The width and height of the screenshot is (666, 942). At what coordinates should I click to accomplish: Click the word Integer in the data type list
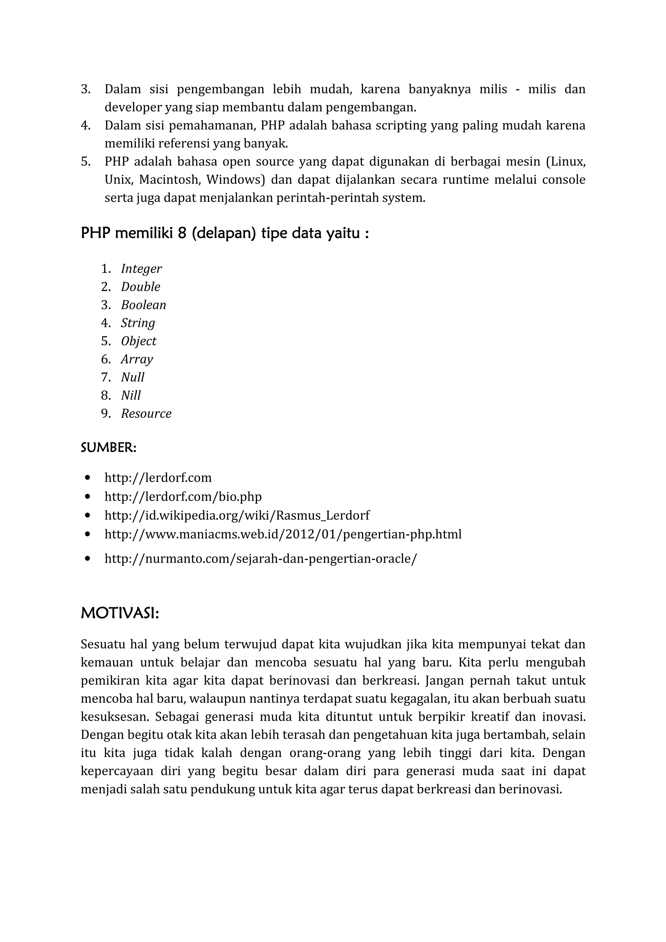coord(141,269)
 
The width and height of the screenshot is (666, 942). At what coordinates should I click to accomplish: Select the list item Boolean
coord(143,305)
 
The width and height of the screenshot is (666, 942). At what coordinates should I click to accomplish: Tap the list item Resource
coord(146,413)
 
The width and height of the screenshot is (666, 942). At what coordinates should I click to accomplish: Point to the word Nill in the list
coord(131,396)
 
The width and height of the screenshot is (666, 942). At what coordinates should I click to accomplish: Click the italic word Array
coord(137,360)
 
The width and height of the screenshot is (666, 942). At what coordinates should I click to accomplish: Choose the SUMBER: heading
coord(108,448)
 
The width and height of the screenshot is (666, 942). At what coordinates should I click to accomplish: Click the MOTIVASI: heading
coord(120,614)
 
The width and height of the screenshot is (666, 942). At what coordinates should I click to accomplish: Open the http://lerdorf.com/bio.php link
coord(183,497)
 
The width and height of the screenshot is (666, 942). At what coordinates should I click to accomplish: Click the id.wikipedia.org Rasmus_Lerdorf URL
coord(237,515)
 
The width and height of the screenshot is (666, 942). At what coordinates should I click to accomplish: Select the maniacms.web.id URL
coord(283,534)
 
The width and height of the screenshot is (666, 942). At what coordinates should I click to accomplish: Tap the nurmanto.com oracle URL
coord(260,558)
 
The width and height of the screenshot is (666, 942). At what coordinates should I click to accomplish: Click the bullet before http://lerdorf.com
coord(87,478)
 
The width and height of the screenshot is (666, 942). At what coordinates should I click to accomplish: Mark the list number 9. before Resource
coord(106,413)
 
